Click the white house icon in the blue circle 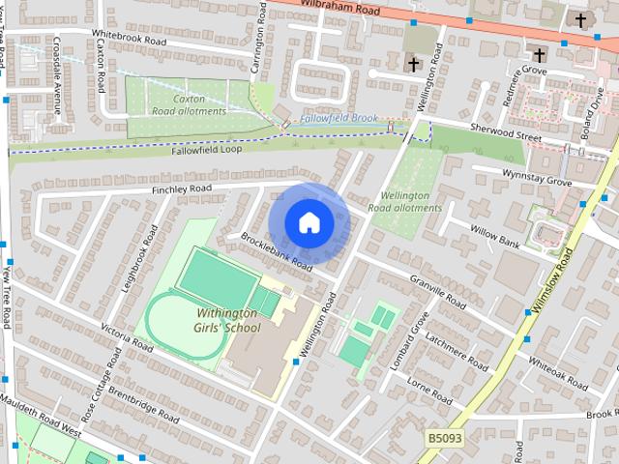[309, 222]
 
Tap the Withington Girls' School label [228, 320]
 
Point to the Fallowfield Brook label [338, 118]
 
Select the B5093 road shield [444, 439]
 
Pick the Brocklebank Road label [277, 250]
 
